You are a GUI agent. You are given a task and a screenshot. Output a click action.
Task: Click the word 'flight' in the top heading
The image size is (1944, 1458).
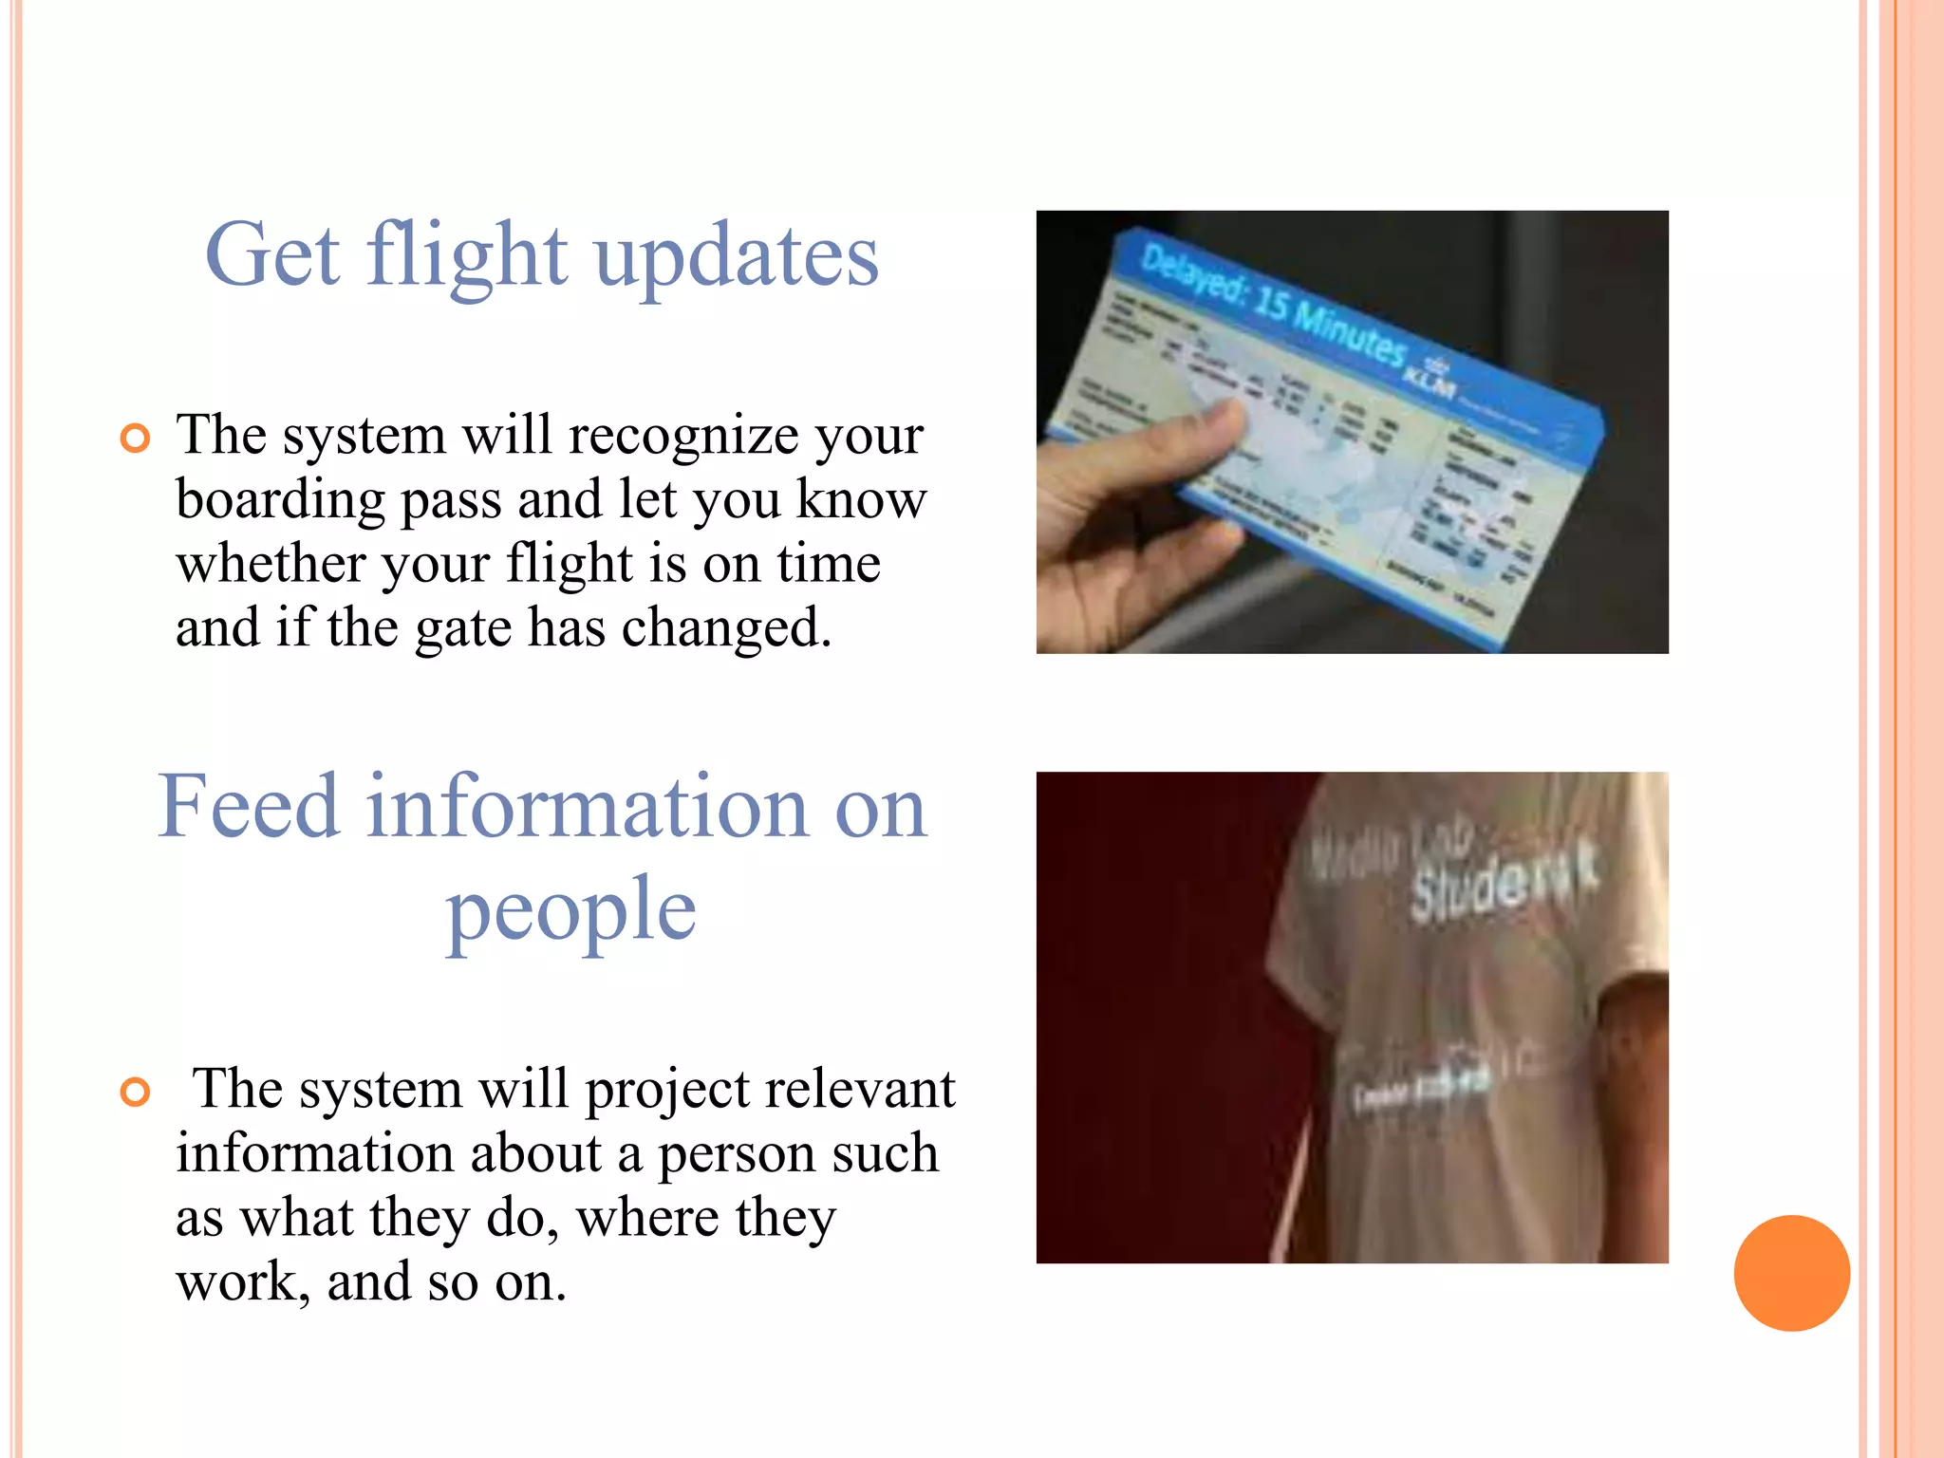pos(467,254)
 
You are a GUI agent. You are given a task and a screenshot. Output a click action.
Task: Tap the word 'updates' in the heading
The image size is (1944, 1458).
pos(737,256)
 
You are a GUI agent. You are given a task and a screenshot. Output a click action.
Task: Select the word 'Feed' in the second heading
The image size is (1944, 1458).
pos(249,807)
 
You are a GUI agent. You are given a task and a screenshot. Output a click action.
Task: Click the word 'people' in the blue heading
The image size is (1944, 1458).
pos(571,909)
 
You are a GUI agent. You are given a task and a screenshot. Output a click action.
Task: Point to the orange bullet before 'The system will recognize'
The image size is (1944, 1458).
pos(136,439)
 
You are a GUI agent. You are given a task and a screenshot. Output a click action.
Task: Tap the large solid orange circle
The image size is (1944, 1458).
pos(1791,1273)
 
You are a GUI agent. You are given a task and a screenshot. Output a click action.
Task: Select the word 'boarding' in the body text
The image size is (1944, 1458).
pos(280,499)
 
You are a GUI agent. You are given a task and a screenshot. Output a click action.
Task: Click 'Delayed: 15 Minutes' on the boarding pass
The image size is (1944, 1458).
pos(1272,307)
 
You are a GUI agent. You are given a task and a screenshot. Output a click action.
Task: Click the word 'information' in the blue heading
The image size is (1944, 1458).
pos(588,807)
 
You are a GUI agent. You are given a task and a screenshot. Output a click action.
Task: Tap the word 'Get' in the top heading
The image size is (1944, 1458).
pos(272,254)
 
